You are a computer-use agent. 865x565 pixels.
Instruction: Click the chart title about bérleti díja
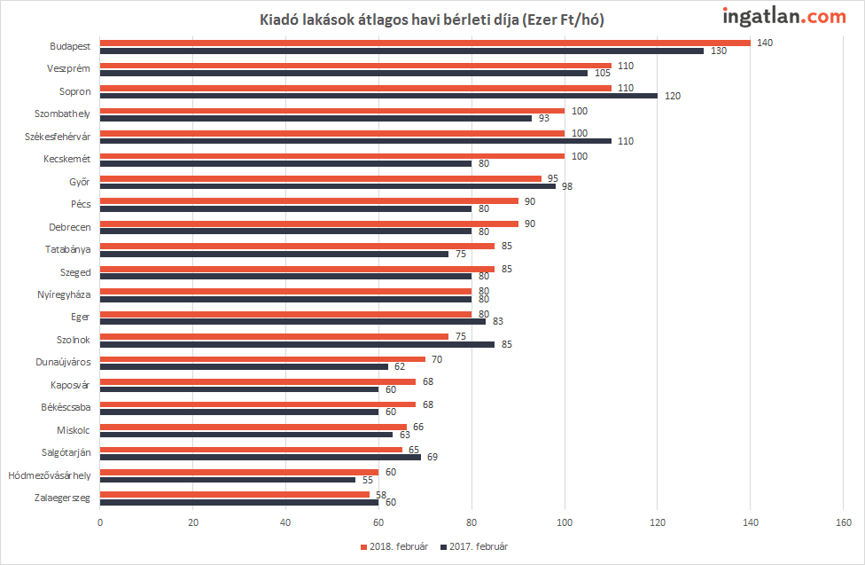(432, 20)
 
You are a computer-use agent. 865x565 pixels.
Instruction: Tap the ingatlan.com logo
(783, 17)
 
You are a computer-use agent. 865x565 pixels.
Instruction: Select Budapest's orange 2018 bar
(425, 43)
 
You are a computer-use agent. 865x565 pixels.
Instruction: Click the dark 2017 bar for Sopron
(379, 96)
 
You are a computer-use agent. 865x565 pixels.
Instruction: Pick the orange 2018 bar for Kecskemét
(332, 156)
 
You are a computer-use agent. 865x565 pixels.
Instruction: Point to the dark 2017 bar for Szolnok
(298, 344)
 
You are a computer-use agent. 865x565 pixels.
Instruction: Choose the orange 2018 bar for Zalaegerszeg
(235, 494)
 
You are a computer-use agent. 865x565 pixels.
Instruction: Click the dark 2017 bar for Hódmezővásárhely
(228, 479)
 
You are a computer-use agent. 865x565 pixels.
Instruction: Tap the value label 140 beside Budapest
(765, 43)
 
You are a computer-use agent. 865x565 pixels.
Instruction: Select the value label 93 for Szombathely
(544, 118)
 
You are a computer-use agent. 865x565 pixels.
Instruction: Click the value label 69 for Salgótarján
(432, 457)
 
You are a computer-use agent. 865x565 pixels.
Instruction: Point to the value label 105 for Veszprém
(603, 73)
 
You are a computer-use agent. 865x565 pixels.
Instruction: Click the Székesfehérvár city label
(58, 137)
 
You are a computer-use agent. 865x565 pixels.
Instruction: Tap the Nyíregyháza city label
(64, 295)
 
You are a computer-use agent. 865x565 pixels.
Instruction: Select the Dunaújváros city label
(64, 362)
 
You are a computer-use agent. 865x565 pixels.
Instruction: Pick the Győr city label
(80, 182)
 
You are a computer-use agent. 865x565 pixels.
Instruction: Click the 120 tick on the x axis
(658, 522)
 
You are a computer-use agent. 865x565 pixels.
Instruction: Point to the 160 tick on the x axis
(844, 522)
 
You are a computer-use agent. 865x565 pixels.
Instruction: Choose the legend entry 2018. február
(394, 546)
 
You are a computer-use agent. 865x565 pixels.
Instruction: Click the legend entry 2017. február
(474, 546)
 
